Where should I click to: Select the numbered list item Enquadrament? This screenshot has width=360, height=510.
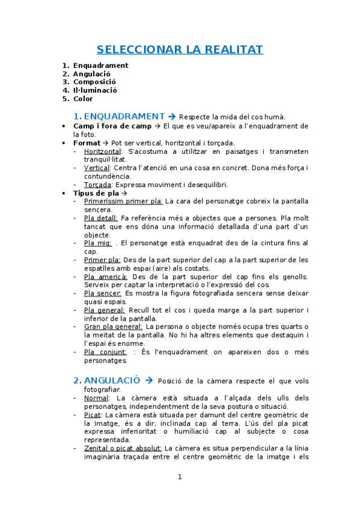(x=100, y=66)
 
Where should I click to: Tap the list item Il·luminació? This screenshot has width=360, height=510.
(x=95, y=90)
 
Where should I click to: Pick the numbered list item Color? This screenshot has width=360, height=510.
(x=83, y=99)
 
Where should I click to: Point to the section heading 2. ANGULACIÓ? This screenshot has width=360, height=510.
(x=107, y=380)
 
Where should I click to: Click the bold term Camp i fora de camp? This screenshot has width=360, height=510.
(x=112, y=126)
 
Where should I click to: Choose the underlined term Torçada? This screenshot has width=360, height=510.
(x=97, y=185)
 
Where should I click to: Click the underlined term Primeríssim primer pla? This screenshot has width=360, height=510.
(x=123, y=201)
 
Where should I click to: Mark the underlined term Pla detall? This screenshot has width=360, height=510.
(x=100, y=218)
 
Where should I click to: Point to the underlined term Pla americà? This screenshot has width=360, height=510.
(x=105, y=277)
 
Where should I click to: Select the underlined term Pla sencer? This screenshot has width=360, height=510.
(x=103, y=293)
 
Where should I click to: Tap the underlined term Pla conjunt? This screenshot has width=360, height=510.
(x=105, y=352)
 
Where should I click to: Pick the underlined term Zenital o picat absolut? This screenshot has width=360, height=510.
(x=123, y=448)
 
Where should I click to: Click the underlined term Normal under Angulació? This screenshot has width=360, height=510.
(x=97, y=398)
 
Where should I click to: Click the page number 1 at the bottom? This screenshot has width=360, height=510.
(x=179, y=477)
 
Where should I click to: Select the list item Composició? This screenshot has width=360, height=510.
(x=94, y=82)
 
